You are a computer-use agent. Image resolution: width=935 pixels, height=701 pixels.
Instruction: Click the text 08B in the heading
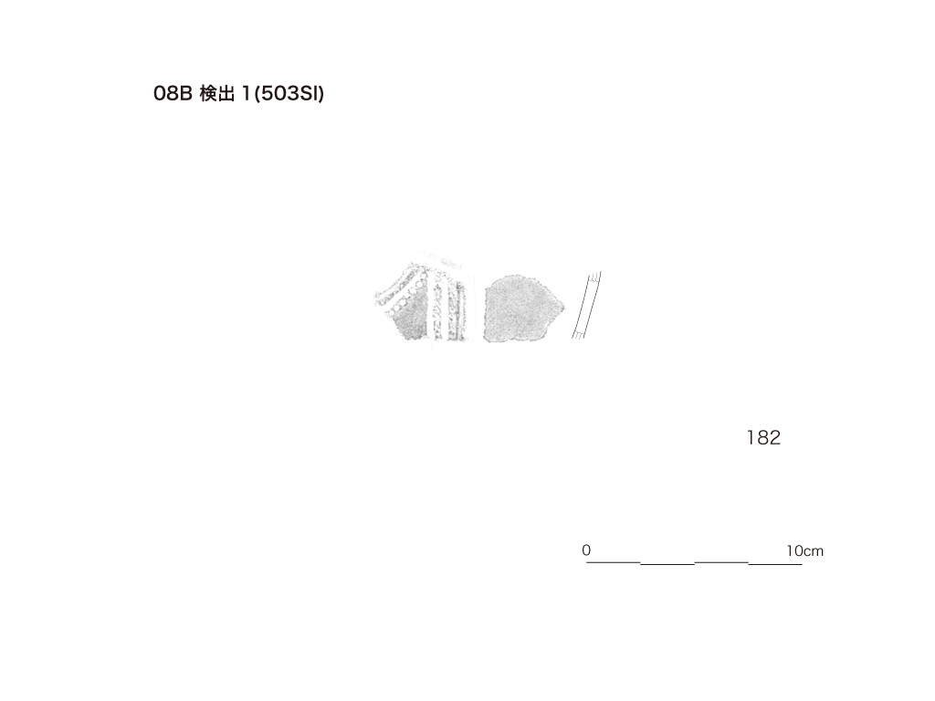173,94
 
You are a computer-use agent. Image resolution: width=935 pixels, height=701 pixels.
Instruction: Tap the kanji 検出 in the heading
217,94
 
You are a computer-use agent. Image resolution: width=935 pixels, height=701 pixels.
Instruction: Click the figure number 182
763,438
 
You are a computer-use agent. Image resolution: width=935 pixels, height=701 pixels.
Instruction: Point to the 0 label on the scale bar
586,550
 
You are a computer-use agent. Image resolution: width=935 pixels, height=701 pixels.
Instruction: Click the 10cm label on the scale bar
805,550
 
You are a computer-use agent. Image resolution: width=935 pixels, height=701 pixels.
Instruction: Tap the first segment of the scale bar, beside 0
614,561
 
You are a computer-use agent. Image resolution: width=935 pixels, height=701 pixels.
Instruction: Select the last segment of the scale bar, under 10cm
775,563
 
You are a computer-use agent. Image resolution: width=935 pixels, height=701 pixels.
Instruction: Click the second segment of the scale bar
667,563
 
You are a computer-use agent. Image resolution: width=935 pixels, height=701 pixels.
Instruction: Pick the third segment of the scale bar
721,561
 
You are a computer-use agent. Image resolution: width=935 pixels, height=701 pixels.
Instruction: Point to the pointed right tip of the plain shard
563,307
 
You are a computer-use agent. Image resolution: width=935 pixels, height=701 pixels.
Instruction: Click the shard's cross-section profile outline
587,305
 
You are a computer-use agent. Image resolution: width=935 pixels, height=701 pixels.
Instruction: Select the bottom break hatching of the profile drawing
577,334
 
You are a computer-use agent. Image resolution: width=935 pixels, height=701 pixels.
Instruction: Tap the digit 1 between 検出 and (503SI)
245,94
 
